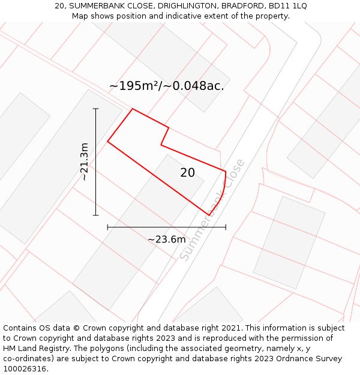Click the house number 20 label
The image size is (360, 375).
click(188, 173)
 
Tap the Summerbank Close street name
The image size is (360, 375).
click(212, 209)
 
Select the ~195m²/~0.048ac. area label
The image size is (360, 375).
click(167, 86)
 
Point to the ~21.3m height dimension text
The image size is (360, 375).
click(85, 161)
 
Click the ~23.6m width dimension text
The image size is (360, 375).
click(166, 239)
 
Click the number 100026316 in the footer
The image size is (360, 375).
click(25, 369)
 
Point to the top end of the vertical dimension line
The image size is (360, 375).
click(95, 109)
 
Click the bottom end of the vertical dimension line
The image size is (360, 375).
click(95, 215)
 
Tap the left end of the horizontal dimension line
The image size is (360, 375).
click(107, 227)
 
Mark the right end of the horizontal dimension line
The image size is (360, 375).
click(226, 227)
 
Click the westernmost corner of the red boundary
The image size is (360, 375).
click(108, 142)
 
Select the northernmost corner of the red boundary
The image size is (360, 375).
click(133, 109)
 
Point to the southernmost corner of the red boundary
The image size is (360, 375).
click(209, 215)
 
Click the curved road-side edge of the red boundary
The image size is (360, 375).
click(222, 194)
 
